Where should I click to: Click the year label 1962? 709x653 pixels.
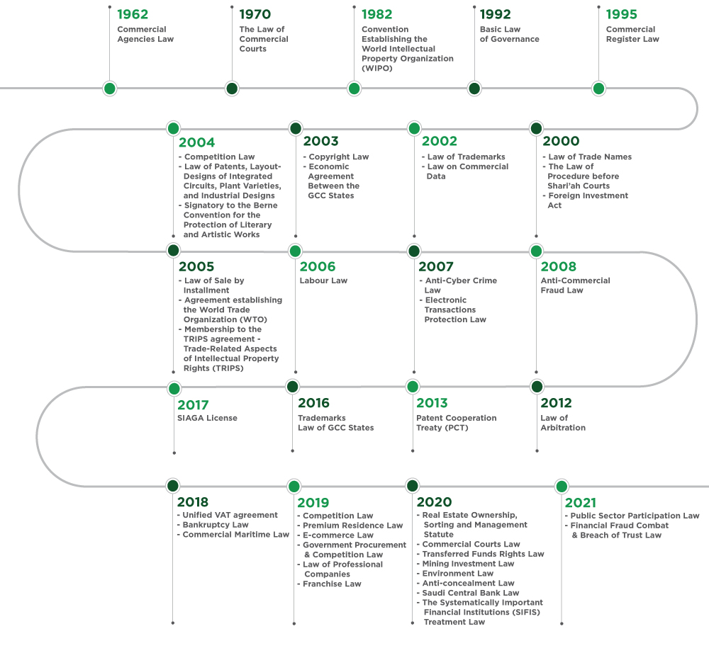[x=133, y=14]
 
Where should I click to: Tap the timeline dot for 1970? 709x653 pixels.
[x=232, y=89]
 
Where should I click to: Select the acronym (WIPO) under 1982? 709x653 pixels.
[x=377, y=68]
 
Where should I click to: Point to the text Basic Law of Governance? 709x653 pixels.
[x=510, y=34]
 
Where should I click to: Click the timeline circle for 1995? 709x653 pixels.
[x=598, y=89]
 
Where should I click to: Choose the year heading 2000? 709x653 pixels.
[x=561, y=141]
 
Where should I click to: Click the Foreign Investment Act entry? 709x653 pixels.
[x=586, y=200]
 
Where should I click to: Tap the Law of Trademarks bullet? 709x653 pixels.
[x=464, y=157]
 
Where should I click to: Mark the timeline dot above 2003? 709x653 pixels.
[x=296, y=128]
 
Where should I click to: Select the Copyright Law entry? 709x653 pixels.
[x=336, y=157]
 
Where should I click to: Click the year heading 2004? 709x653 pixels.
[x=196, y=142]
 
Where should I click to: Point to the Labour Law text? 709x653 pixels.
[x=323, y=280]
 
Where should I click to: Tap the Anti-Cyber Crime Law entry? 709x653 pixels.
[x=458, y=285]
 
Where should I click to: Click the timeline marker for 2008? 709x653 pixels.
[x=536, y=251]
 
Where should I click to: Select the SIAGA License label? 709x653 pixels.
[x=207, y=418]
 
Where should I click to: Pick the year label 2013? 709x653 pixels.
[x=432, y=403]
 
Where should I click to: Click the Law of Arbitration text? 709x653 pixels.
[x=563, y=423]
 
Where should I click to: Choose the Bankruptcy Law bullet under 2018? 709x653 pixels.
[x=213, y=525]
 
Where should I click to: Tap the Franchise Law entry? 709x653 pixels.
[x=329, y=584]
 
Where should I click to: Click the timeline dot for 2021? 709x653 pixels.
[x=562, y=487]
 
